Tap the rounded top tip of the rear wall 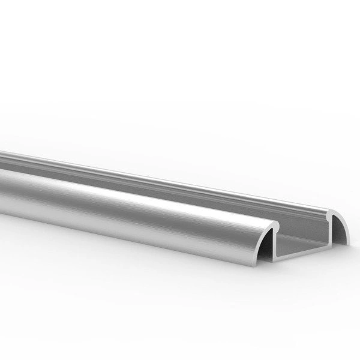331,211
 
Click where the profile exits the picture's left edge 2,180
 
